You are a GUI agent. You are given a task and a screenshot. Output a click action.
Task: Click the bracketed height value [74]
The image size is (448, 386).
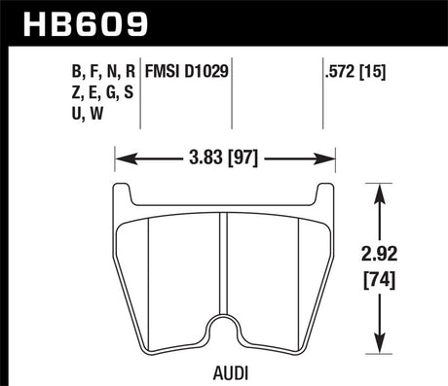401,281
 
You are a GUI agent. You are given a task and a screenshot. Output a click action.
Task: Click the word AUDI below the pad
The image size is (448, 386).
226,371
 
